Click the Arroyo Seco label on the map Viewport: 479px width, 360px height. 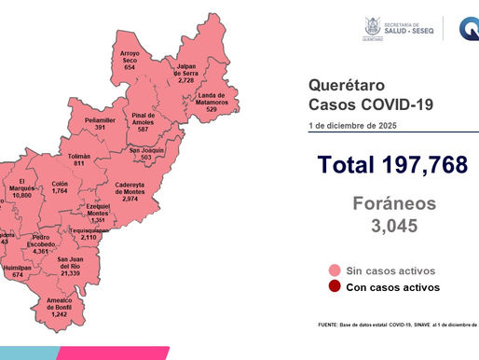click(130, 61)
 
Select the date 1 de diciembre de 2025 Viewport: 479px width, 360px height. click(356, 125)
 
